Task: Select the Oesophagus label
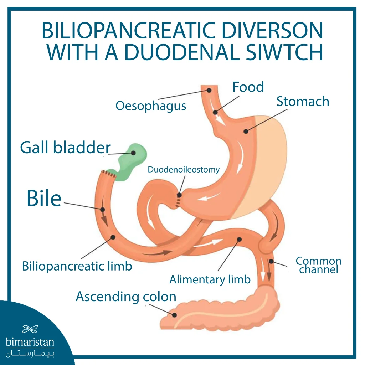click(151, 106)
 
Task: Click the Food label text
click(248, 87)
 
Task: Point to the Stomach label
click(303, 102)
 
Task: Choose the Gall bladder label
click(65, 147)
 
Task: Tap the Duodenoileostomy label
click(184, 170)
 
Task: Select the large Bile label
click(44, 199)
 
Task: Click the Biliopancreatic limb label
click(77, 266)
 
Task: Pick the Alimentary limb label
click(210, 279)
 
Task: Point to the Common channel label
click(318, 266)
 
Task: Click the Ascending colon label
click(126, 297)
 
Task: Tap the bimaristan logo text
click(30, 343)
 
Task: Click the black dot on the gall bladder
click(133, 153)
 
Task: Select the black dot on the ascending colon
click(175, 315)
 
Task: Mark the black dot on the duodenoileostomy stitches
click(179, 195)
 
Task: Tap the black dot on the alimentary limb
click(239, 239)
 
